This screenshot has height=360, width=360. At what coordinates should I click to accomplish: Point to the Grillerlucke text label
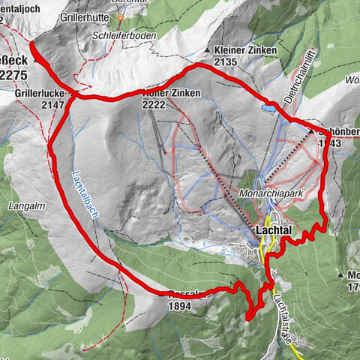(38, 94)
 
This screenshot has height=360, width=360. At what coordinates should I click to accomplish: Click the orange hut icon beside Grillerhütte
(118, 16)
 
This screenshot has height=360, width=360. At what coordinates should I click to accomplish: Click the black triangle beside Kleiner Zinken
(208, 50)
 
